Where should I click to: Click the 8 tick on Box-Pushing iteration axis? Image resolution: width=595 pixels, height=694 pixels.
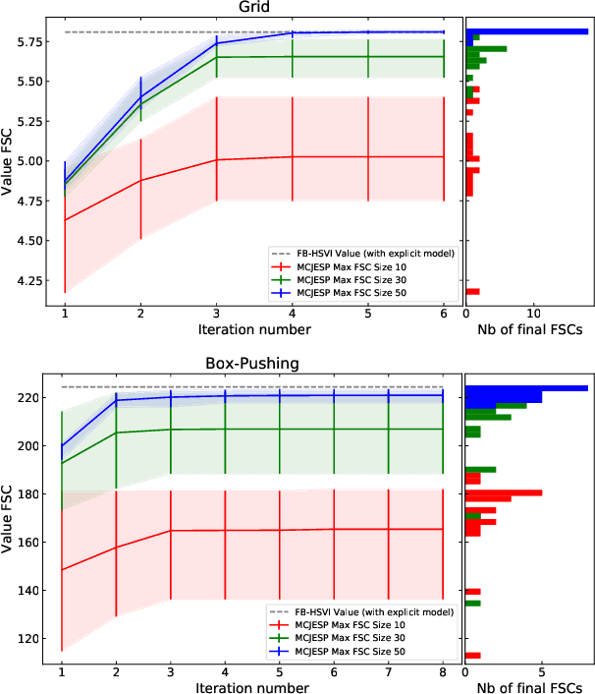(443, 671)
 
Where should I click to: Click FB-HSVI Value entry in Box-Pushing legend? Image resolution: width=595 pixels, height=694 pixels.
(362, 611)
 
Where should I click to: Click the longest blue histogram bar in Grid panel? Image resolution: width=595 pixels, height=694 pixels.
(526, 31)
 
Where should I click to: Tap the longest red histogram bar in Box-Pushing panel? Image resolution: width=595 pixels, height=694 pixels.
(503, 492)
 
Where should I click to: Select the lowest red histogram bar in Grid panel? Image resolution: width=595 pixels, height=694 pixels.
(472, 292)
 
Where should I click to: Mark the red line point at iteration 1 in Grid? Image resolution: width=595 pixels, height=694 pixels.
(65, 219)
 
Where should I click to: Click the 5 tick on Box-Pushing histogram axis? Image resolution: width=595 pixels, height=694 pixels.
(541, 671)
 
